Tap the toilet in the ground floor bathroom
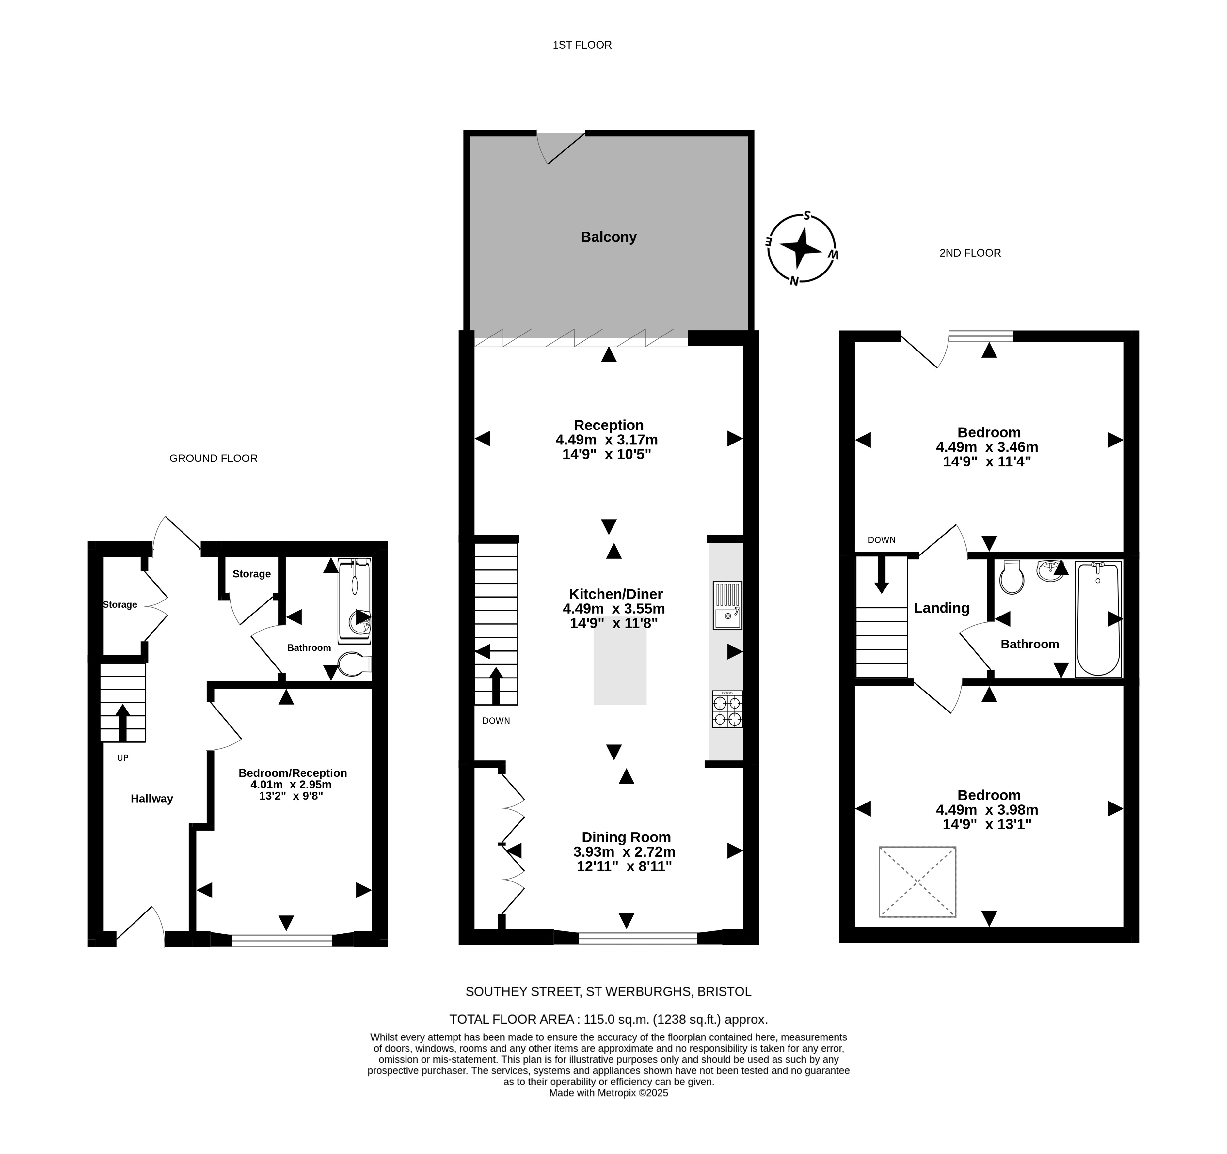pyautogui.click(x=355, y=664)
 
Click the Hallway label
pyautogui.click(x=152, y=799)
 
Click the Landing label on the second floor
pyautogui.click(x=941, y=608)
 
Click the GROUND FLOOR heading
pyautogui.click(x=214, y=458)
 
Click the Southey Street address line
pyautogui.click(x=609, y=992)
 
